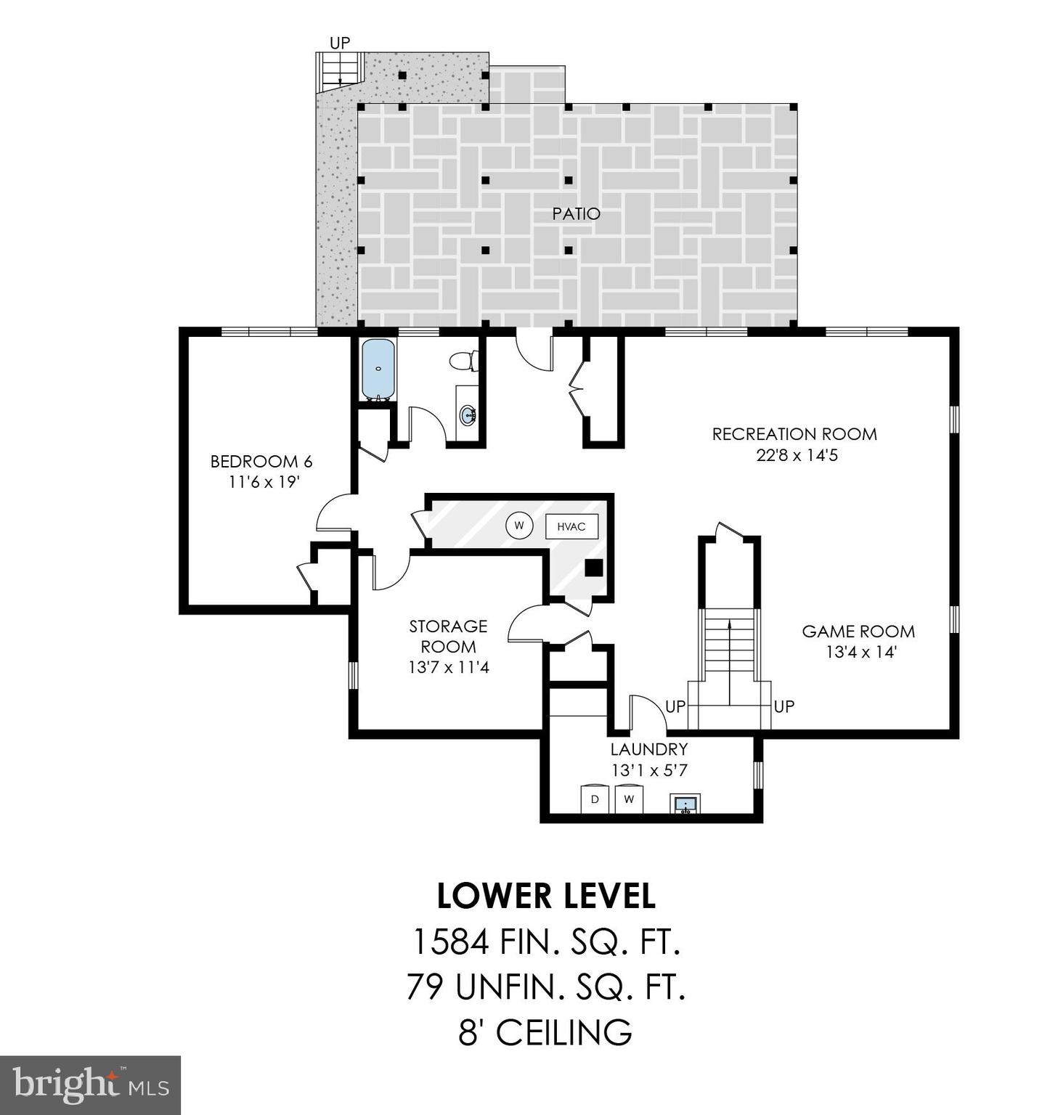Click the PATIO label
[x=576, y=214]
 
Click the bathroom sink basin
[x=468, y=416]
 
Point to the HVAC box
[x=571, y=526]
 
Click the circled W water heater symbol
[x=518, y=526]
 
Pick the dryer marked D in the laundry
[x=595, y=799]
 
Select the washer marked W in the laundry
[x=629, y=799]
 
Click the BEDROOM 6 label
[x=261, y=462]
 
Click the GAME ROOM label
[x=858, y=632]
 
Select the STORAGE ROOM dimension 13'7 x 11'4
[x=448, y=666]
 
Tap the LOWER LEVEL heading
[x=546, y=897]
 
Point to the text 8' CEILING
[x=545, y=1032]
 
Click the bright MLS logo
[x=90, y=1085]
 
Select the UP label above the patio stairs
[x=340, y=43]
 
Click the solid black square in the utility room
[x=594, y=568]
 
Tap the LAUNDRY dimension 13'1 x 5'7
[x=648, y=770]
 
